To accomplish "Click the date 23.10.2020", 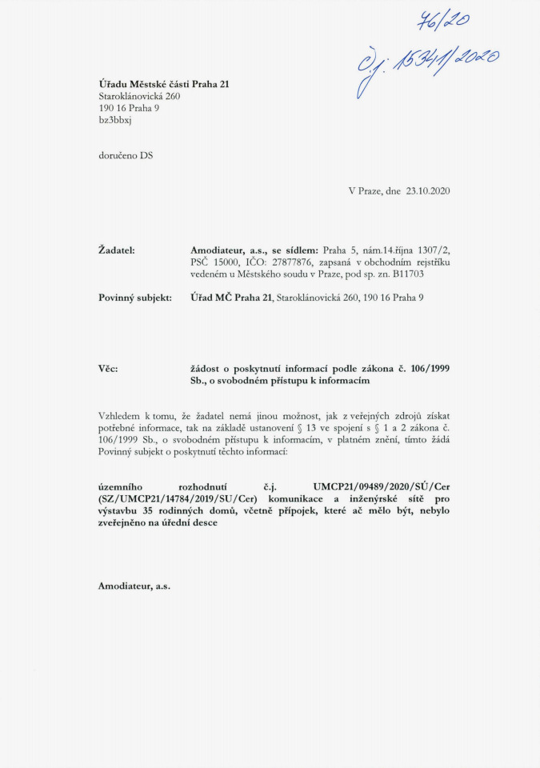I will pos(428,191).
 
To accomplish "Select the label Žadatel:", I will pos(116,250).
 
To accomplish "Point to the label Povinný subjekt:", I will pos(134,298).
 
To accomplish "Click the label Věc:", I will pos(108,369).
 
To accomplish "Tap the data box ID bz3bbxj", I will pos(115,119).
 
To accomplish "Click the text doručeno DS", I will pos(125,155).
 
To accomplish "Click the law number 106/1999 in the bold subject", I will pos(427,369).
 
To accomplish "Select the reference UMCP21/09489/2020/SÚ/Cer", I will pos(380,486).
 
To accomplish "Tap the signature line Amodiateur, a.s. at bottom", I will pos(134,586).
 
